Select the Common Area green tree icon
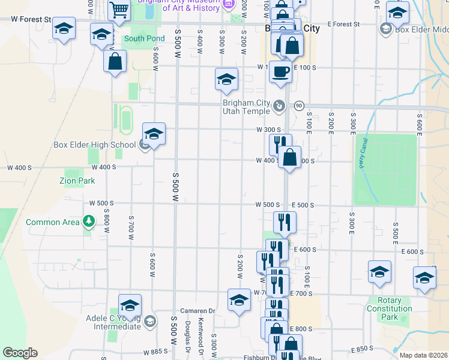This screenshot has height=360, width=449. point(89,222)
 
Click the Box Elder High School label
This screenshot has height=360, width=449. point(94,145)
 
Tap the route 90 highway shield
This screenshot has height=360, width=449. point(298,106)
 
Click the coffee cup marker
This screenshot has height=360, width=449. point(280,73)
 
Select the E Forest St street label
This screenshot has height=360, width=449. point(343,25)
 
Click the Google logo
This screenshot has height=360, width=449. point(20,353)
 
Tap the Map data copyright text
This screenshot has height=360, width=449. point(423,355)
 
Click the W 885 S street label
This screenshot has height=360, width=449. point(154,352)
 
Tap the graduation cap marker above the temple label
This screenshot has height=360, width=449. point(226,80)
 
